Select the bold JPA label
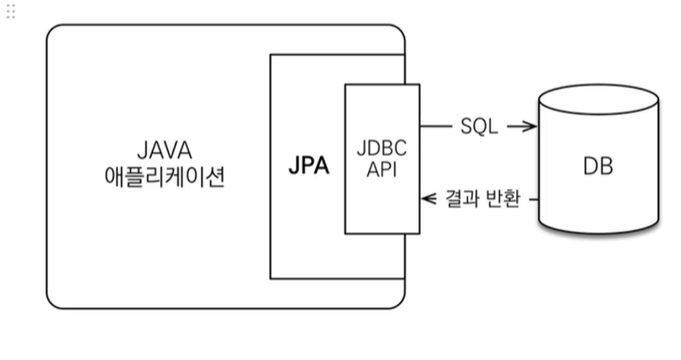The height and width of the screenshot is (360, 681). (309, 166)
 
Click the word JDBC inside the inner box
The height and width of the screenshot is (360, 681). (382, 149)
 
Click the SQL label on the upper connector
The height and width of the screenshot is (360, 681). (479, 126)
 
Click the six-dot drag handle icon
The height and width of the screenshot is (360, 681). (10, 11)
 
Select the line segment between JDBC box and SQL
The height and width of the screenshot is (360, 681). (436, 126)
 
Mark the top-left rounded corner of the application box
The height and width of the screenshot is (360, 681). (53, 31)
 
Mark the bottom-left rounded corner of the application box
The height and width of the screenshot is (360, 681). (53, 301)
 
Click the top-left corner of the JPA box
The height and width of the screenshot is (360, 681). (271, 55)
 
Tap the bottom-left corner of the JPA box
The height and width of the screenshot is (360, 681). (271, 278)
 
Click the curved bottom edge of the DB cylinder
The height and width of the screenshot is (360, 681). (599, 234)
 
